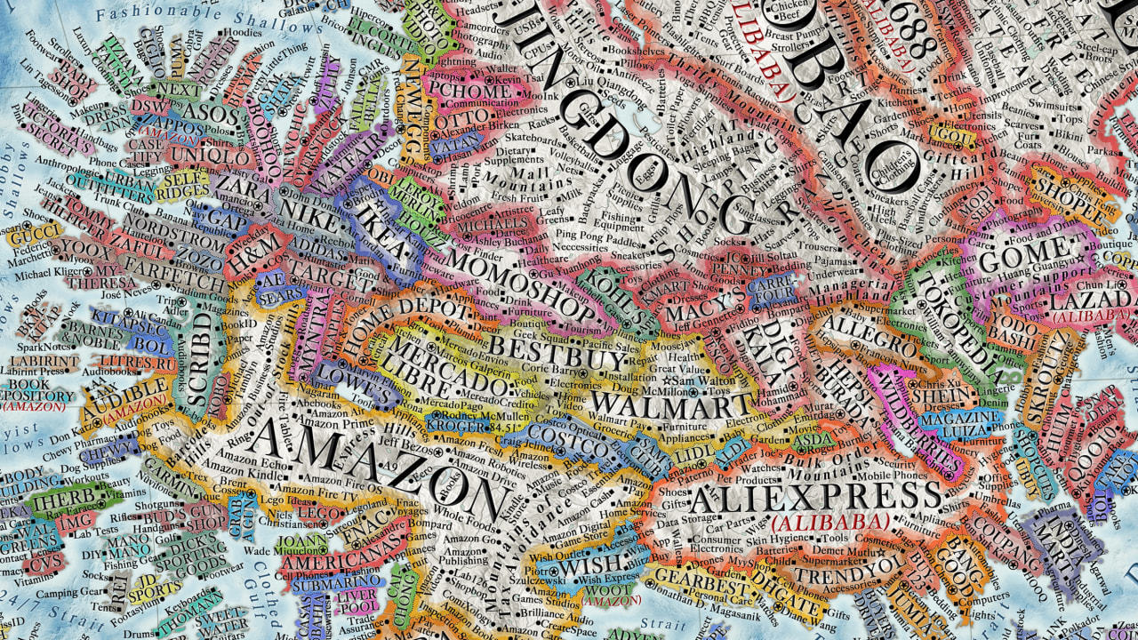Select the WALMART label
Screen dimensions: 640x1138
coord(671,406)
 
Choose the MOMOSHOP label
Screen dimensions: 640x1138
coord(520,284)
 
